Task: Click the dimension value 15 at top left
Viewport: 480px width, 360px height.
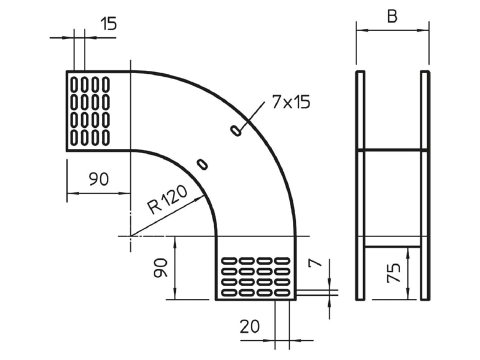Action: (x=109, y=23)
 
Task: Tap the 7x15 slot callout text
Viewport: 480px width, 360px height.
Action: (x=291, y=102)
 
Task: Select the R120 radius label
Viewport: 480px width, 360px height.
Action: (x=167, y=199)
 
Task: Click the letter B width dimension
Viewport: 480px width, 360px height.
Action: (x=392, y=16)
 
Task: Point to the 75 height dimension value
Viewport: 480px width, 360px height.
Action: (x=394, y=273)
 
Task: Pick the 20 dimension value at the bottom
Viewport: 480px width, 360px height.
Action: (x=250, y=326)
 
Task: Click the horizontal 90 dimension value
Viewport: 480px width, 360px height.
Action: (x=98, y=179)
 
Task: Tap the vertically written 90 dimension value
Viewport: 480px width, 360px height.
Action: (x=161, y=268)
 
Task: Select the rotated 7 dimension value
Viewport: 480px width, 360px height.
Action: (x=316, y=263)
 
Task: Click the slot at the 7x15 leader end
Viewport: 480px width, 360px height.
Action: (x=236, y=131)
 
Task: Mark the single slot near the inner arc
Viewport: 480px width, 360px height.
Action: (x=202, y=164)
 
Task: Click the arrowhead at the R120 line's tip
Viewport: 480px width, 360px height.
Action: (x=200, y=199)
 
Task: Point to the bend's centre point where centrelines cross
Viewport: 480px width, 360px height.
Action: (x=131, y=236)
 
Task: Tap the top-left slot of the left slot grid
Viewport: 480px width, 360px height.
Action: (x=74, y=85)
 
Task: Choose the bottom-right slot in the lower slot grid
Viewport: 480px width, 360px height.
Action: (x=282, y=293)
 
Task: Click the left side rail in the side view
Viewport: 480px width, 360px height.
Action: (x=361, y=185)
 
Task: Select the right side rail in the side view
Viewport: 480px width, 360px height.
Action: (x=425, y=185)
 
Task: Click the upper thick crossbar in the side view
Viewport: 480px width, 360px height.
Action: (x=393, y=150)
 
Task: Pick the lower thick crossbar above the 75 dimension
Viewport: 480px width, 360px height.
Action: (x=393, y=246)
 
